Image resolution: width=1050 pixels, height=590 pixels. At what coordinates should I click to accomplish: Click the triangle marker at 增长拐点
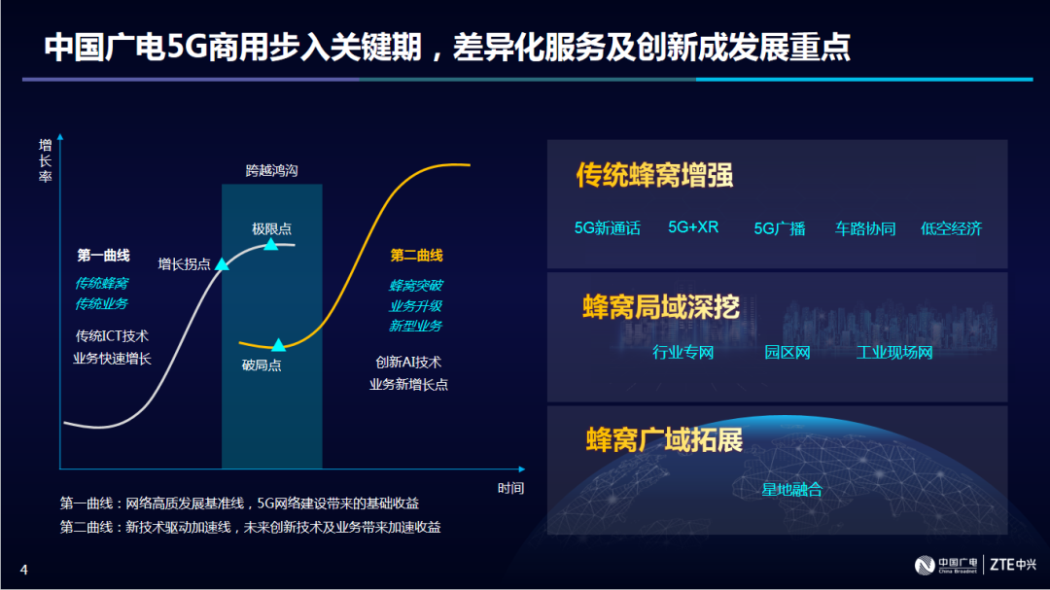click(x=222, y=263)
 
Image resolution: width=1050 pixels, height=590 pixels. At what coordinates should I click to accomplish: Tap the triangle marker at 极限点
click(x=270, y=244)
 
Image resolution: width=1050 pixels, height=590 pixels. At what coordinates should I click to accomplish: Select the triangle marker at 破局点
click(x=279, y=345)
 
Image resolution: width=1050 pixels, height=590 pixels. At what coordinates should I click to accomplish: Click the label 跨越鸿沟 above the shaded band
click(x=272, y=171)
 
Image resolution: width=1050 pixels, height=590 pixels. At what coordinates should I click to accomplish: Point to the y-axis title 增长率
click(x=45, y=160)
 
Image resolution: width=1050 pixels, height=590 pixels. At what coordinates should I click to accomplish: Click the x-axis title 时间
click(x=511, y=488)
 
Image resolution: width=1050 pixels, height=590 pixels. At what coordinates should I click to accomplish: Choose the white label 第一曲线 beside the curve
click(x=103, y=256)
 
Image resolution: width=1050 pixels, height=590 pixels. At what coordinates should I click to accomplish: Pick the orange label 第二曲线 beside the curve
click(x=416, y=256)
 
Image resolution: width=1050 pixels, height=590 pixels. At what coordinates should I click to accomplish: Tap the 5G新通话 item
click(x=608, y=228)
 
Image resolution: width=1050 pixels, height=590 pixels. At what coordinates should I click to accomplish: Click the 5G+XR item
click(x=693, y=227)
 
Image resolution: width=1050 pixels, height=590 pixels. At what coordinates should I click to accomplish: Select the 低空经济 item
click(x=951, y=228)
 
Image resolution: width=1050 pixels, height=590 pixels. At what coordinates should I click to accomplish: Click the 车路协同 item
click(x=865, y=228)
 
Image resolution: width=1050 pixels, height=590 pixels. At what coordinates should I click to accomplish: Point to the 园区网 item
click(x=787, y=352)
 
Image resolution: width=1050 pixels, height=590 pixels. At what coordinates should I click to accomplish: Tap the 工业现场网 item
click(x=894, y=352)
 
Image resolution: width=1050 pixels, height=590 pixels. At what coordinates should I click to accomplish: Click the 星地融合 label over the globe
click(x=792, y=490)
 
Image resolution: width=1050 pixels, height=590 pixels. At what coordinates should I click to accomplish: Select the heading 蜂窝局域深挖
click(x=661, y=307)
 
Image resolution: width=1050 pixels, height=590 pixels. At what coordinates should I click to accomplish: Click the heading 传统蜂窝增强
click(x=654, y=175)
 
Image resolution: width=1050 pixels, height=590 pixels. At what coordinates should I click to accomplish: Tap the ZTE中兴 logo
click(x=1013, y=565)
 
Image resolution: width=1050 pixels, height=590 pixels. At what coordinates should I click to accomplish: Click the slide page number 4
click(x=24, y=570)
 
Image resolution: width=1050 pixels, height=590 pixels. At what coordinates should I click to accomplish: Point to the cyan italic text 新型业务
click(x=416, y=327)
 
